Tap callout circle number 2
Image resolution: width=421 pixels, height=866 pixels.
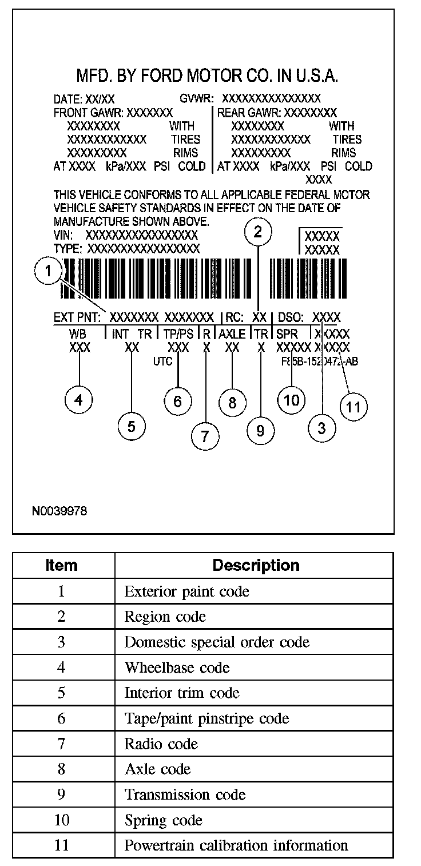(258, 232)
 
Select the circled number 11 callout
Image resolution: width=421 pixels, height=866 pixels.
(354, 407)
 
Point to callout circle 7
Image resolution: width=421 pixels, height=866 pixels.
(205, 436)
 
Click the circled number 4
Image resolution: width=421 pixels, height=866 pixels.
(79, 400)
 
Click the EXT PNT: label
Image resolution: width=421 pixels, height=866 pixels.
(77, 317)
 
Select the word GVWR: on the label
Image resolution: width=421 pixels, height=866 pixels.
(196, 98)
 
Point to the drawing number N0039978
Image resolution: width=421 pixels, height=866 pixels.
(60, 511)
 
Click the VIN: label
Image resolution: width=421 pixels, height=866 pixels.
(63, 235)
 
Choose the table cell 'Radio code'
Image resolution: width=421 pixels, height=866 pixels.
(161, 744)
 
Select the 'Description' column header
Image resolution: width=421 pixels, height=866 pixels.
(256, 565)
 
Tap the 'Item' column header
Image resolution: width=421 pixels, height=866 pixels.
(61, 565)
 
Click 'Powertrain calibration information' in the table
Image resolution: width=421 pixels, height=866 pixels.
(236, 845)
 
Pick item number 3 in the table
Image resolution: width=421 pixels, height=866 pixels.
(61, 642)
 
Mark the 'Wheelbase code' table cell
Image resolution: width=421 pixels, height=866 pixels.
(177, 668)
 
